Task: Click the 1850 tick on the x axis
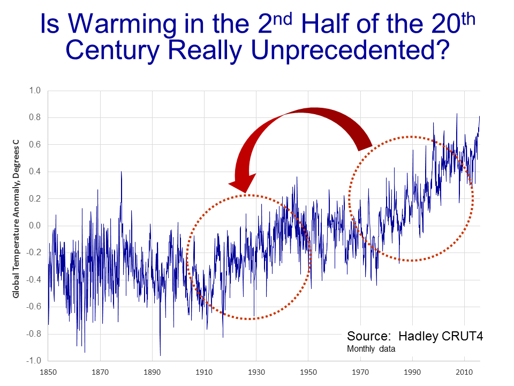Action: click(x=48, y=371)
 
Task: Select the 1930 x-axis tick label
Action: click(x=256, y=371)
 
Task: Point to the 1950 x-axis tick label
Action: click(x=308, y=371)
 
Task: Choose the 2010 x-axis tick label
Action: click(x=464, y=371)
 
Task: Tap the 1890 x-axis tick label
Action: click(x=152, y=371)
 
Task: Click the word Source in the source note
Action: click(x=367, y=337)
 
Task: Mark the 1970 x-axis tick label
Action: click(x=360, y=371)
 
